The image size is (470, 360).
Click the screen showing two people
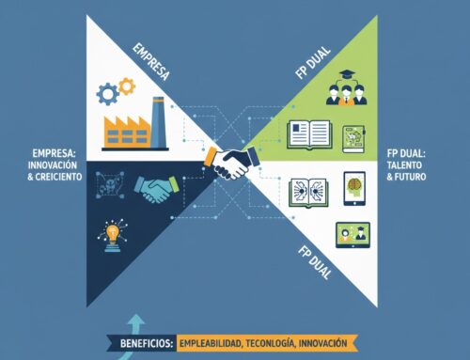click(350, 231)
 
